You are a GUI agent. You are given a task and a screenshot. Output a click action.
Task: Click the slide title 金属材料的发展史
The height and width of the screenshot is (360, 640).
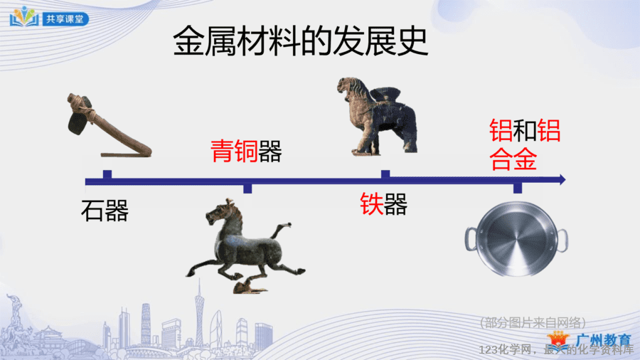point(300,41)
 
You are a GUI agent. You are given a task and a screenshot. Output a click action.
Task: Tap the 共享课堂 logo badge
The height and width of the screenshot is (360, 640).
point(49,17)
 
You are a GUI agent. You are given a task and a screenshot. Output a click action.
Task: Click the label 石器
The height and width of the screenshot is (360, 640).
point(105,211)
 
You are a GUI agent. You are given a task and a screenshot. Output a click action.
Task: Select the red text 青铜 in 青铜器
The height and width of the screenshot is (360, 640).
point(234,151)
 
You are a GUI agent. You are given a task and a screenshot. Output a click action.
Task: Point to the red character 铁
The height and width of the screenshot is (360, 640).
point(371,203)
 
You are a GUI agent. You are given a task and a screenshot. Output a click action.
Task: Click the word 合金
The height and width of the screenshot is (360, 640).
point(513,159)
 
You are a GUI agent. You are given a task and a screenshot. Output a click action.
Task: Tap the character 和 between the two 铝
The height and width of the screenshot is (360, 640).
point(525,131)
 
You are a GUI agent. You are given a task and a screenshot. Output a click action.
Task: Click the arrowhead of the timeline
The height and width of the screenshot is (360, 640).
point(562,179)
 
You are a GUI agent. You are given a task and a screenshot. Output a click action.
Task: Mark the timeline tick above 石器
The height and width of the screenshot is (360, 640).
point(107,174)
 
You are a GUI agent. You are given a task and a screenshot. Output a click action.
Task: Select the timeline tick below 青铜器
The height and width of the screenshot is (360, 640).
point(247,189)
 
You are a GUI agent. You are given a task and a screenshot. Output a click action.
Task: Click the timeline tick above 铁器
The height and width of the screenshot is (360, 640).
point(385,174)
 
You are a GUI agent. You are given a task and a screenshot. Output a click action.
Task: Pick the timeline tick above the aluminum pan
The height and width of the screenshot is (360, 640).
point(518,188)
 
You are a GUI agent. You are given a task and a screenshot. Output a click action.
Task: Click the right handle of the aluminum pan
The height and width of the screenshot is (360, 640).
point(562,240)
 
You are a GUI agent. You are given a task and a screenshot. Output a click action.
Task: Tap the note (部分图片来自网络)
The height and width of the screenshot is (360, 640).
point(533,323)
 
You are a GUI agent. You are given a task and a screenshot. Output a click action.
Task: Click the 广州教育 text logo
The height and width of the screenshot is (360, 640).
point(604,340)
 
